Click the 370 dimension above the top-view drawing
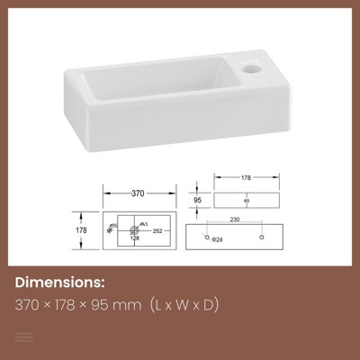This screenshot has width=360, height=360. [x=137, y=193]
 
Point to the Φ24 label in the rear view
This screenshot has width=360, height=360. [x=217, y=239]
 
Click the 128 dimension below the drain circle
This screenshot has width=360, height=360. [x=134, y=239]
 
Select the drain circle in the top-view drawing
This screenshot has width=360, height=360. [x=135, y=230]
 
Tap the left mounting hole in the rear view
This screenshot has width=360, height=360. [x=208, y=237]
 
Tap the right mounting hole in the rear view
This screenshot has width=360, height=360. [x=262, y=237]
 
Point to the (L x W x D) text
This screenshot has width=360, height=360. [x=184, y=305]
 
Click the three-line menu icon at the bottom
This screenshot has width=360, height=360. [x=25, y=337]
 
